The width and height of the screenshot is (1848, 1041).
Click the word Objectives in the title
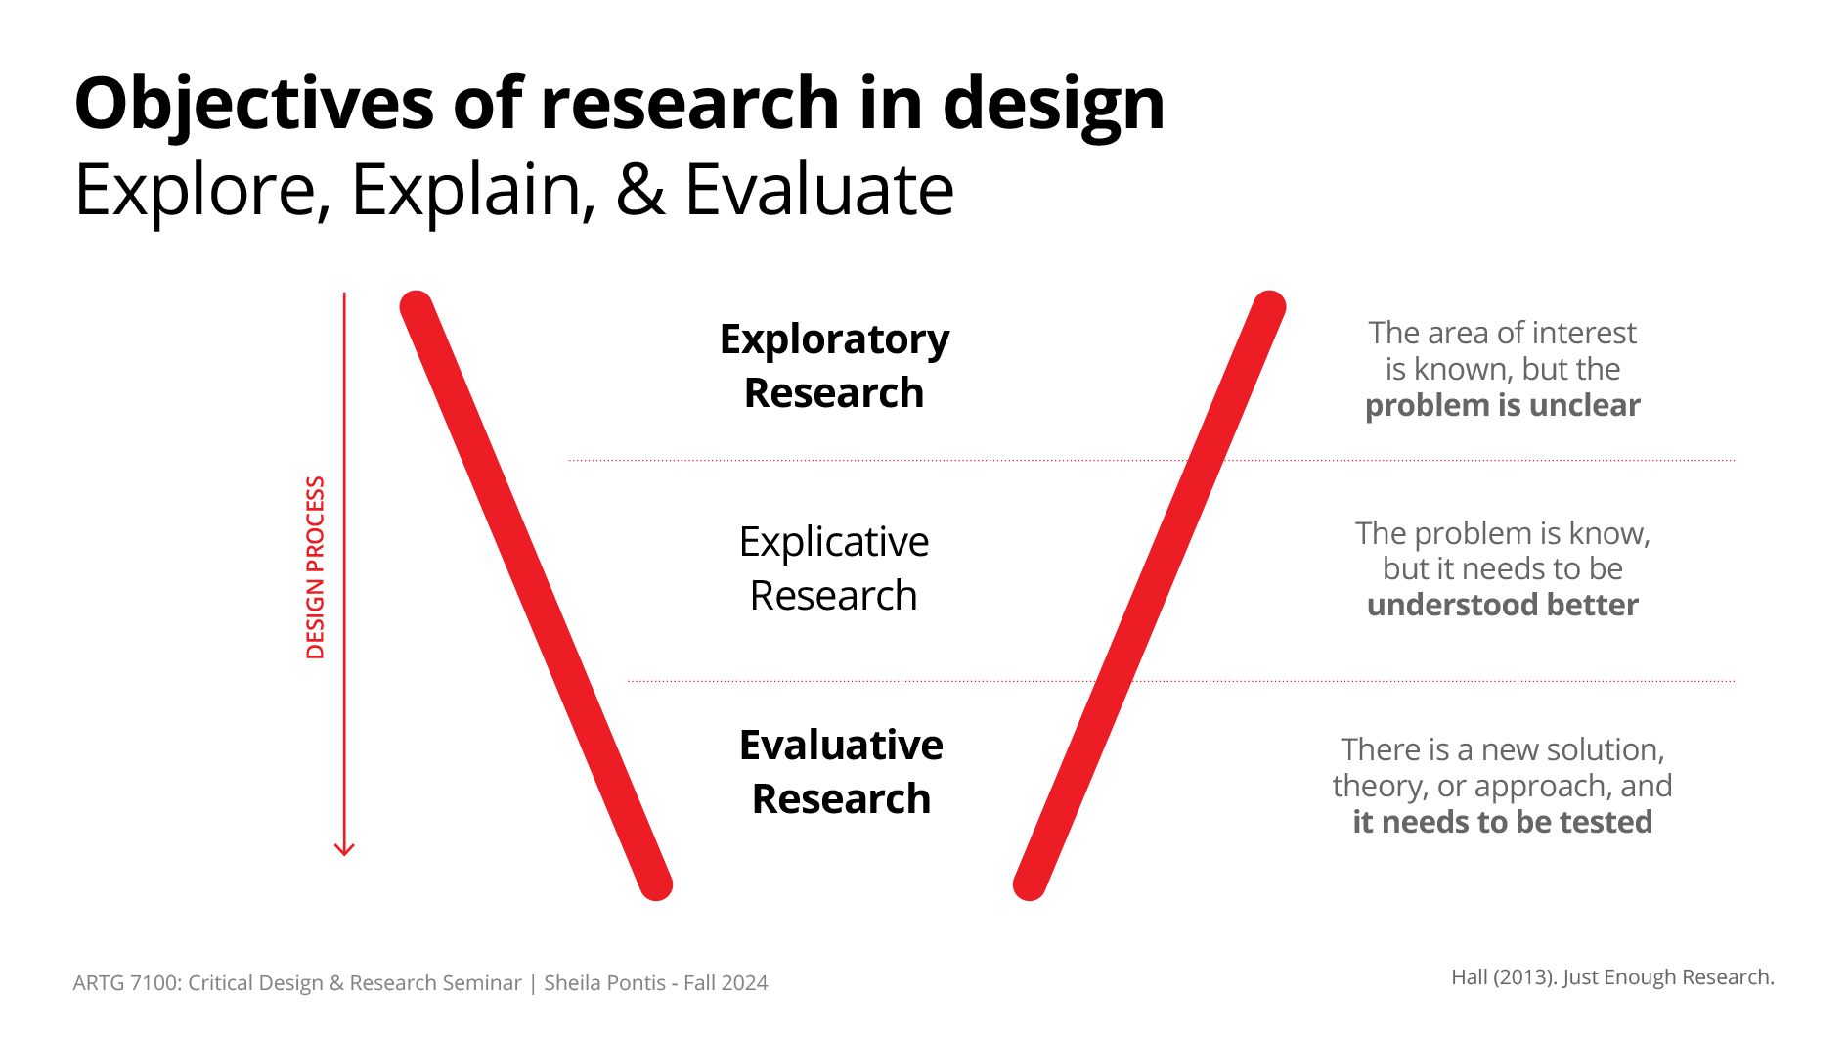254,104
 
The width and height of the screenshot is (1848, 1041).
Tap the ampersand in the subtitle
640,189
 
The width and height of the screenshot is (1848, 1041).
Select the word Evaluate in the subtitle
819,189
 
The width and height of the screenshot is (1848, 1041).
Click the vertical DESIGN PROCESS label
315,567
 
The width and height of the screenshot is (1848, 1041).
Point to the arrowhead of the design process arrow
344,849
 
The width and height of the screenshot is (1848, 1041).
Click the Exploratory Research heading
834,366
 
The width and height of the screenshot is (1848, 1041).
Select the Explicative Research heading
834,568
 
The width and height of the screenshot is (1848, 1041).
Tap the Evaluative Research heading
841,772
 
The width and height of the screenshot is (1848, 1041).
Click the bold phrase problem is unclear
1503,406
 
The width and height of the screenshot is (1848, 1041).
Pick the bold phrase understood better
1503,605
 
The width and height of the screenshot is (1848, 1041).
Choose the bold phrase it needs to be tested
1503,822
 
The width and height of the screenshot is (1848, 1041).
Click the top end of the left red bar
417,307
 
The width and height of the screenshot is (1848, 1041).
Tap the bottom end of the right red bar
1030,883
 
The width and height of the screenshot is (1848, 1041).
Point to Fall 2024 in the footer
726,983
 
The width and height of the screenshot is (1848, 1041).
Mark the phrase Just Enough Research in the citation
1667,977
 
